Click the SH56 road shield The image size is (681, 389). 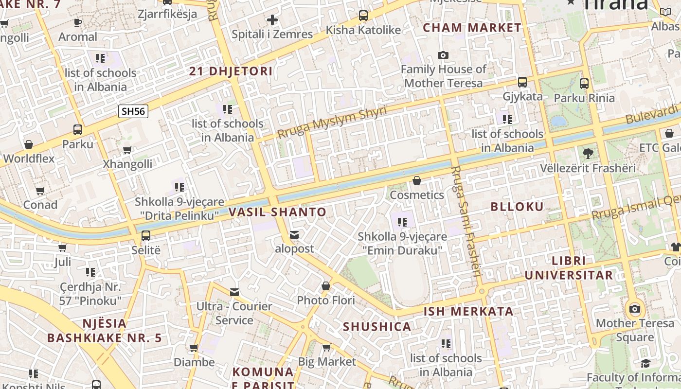point(133,111)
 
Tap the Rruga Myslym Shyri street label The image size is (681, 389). point(332,122)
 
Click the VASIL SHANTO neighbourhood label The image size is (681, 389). point(277,212)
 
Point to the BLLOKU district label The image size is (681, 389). point(517,207)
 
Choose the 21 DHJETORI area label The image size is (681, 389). point(231,71)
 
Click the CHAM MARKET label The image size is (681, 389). point(472,28)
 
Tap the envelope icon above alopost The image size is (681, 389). point(294,235)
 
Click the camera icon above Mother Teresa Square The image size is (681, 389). point(634,309)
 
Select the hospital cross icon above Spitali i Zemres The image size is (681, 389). point(272,20)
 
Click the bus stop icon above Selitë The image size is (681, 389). point(145,236)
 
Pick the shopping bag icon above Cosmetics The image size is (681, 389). point(417,181)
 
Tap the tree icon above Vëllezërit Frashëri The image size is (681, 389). point(588,154)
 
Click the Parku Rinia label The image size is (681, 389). point(584,98)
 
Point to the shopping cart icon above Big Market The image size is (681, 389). point(326,347)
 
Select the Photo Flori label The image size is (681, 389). point(326,300)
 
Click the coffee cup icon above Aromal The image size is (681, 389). point(78,22)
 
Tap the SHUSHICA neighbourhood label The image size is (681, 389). point(377,326)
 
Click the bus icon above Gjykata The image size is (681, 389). point(522,82)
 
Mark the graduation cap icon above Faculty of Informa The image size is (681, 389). point(645,363)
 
